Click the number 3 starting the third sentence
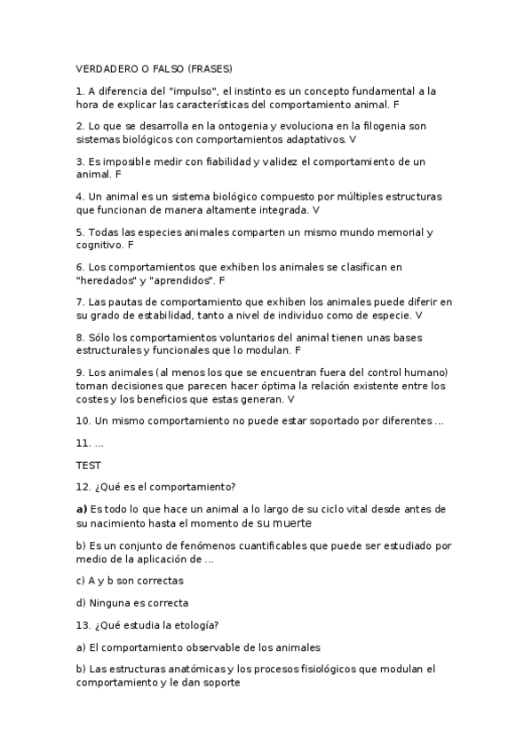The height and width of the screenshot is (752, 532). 79,161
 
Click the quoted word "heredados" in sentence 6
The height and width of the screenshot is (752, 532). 106,279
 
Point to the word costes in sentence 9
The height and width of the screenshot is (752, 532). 93,399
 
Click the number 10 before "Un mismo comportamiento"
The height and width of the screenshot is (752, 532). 82,420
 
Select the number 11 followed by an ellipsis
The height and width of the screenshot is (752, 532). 82,442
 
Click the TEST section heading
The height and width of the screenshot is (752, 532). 89,464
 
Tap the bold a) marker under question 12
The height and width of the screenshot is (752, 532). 82,509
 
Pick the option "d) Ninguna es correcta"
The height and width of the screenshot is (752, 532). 131,603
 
